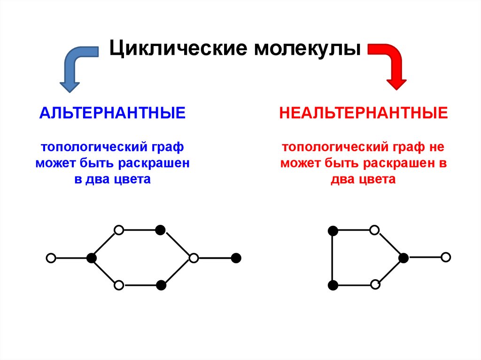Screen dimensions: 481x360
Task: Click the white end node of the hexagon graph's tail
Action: click(x=51, y=258)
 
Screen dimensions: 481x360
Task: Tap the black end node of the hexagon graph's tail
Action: click(x=236, y=258)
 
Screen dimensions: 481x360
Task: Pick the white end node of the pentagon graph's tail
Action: click(x=446, y=257)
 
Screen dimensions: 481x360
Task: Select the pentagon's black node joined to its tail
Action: click(x=403, y=257)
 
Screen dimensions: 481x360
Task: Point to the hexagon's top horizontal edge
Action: click(x=140, y=230)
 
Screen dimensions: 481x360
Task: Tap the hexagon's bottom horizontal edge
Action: click(x=140, y=285)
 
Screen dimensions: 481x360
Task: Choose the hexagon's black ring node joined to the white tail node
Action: click(x=92, y=258)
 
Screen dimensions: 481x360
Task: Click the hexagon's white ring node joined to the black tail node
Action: click(x=194, y=258)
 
